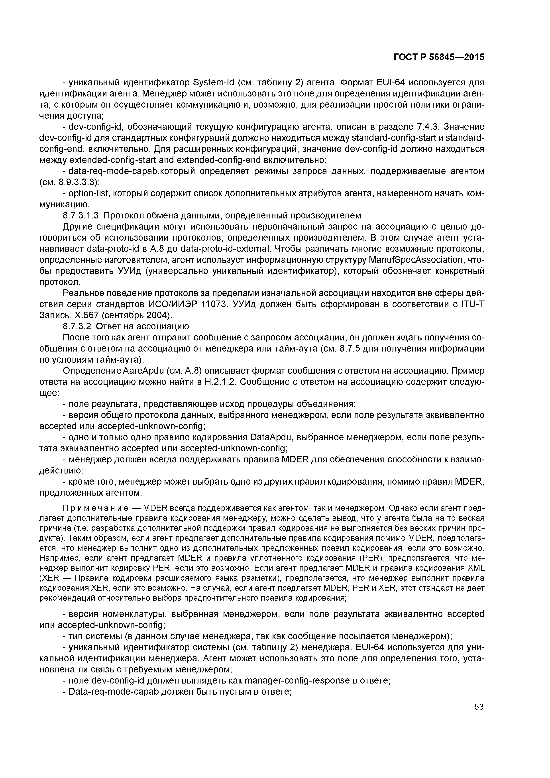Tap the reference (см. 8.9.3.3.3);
click(x=69, y=182)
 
